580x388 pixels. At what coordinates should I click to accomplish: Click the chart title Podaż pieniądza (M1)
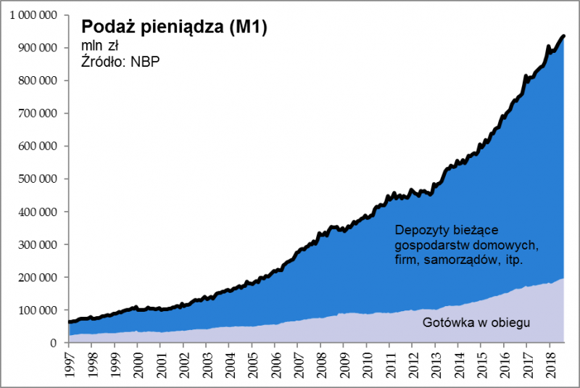click(x=174, y=28)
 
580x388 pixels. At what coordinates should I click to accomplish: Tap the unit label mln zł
click(x=100, y=46)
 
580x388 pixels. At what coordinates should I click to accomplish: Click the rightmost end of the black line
click(x=564, y=36)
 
